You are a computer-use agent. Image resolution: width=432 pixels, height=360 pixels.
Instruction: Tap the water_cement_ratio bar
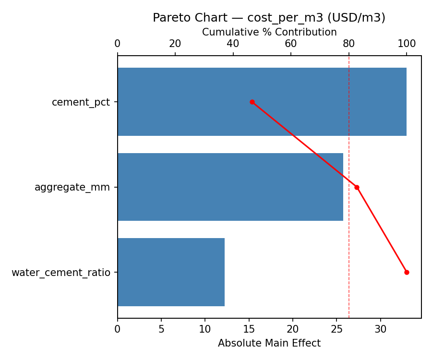click(171, 272)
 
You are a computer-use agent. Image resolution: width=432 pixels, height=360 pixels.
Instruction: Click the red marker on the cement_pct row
click(252, 102)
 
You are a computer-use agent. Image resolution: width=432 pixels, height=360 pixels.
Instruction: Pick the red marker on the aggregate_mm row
click(357, 187)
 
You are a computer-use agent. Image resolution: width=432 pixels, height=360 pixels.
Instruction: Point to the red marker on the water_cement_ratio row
click(407, 272)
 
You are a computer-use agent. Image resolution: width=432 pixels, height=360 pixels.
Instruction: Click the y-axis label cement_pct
click(81, 102)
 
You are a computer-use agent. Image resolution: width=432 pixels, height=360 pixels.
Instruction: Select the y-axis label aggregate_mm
click(72, 187)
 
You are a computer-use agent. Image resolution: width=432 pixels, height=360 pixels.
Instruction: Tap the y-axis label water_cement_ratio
click(61, 273)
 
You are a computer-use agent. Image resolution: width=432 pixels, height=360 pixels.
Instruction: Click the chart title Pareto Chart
click(269, 18)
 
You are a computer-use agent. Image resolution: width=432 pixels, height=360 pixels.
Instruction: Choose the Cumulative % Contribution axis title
click(269, 32)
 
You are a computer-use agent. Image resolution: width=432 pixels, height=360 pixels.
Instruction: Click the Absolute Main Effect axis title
click(269, 343)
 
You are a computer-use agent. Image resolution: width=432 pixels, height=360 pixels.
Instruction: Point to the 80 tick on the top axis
click(349, 44)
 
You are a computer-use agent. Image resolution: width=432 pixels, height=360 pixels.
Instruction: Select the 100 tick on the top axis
click(407, 44)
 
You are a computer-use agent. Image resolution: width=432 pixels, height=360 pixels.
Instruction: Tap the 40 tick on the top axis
click(233, 44)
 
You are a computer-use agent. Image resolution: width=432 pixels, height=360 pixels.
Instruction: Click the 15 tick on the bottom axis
click(249, 330)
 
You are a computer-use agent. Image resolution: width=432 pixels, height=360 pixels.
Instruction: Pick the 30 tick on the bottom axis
click(381, 330)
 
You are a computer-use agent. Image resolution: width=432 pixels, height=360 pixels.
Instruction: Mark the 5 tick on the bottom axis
click(161, 330)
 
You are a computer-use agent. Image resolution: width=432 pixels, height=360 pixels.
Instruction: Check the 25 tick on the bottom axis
click(337, 330)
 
